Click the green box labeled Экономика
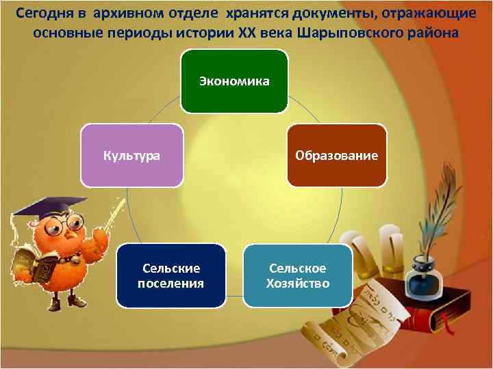234,81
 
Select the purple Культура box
132,155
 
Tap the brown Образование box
336,155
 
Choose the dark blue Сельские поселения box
170,275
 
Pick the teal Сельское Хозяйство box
298,275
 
